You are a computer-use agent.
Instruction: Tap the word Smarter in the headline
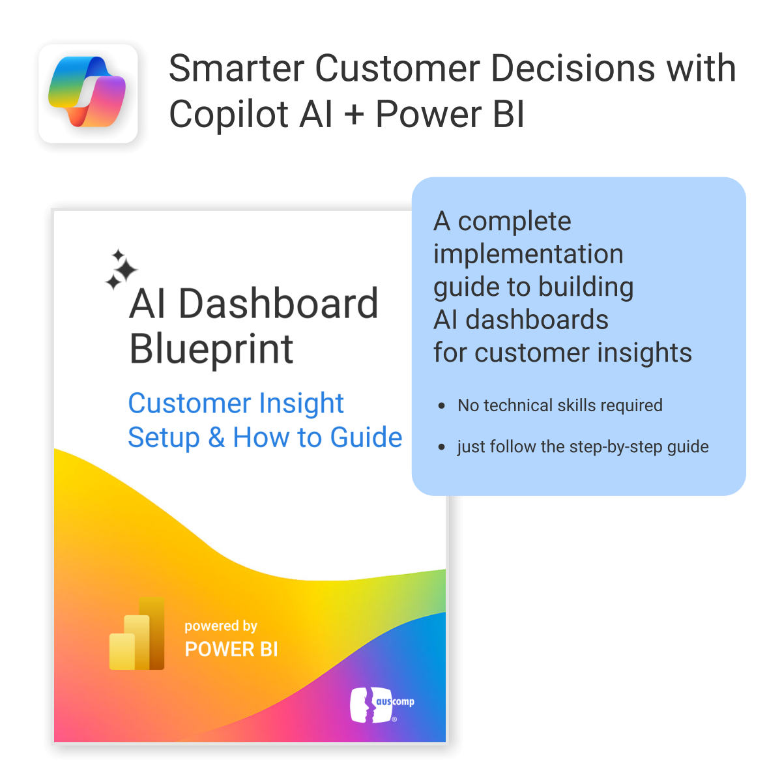coord(236,68)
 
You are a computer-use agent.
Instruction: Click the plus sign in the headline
coord(354,115)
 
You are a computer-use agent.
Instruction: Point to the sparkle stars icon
coord(121,269)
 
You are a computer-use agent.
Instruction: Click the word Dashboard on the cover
coord(278,304)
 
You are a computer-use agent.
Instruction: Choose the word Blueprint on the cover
coord(211,349)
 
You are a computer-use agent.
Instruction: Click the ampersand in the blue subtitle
coord(216,437)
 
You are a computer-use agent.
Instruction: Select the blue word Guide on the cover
coord(366,437)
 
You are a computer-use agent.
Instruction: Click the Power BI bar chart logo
coord(137,633)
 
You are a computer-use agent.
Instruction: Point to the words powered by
coord(221,626)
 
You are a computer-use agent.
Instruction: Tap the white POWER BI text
coord(231,649)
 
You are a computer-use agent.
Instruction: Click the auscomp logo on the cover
coord(382,704)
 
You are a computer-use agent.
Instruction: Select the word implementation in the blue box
coord(528,254)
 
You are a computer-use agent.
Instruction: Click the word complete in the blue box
coord(515,222)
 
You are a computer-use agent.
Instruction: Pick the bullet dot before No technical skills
coord(442,406)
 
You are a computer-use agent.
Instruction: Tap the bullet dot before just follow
coord(442,447)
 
